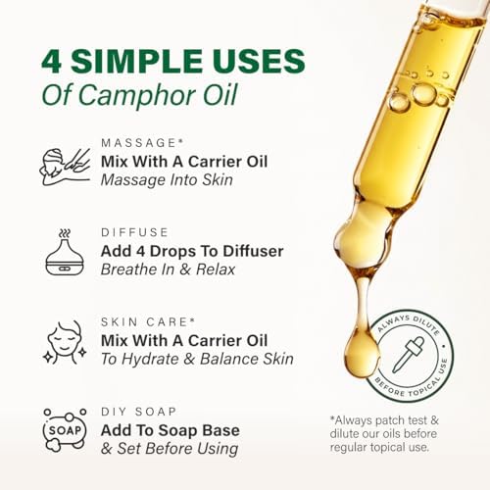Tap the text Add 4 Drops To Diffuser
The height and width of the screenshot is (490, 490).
(191, 252)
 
